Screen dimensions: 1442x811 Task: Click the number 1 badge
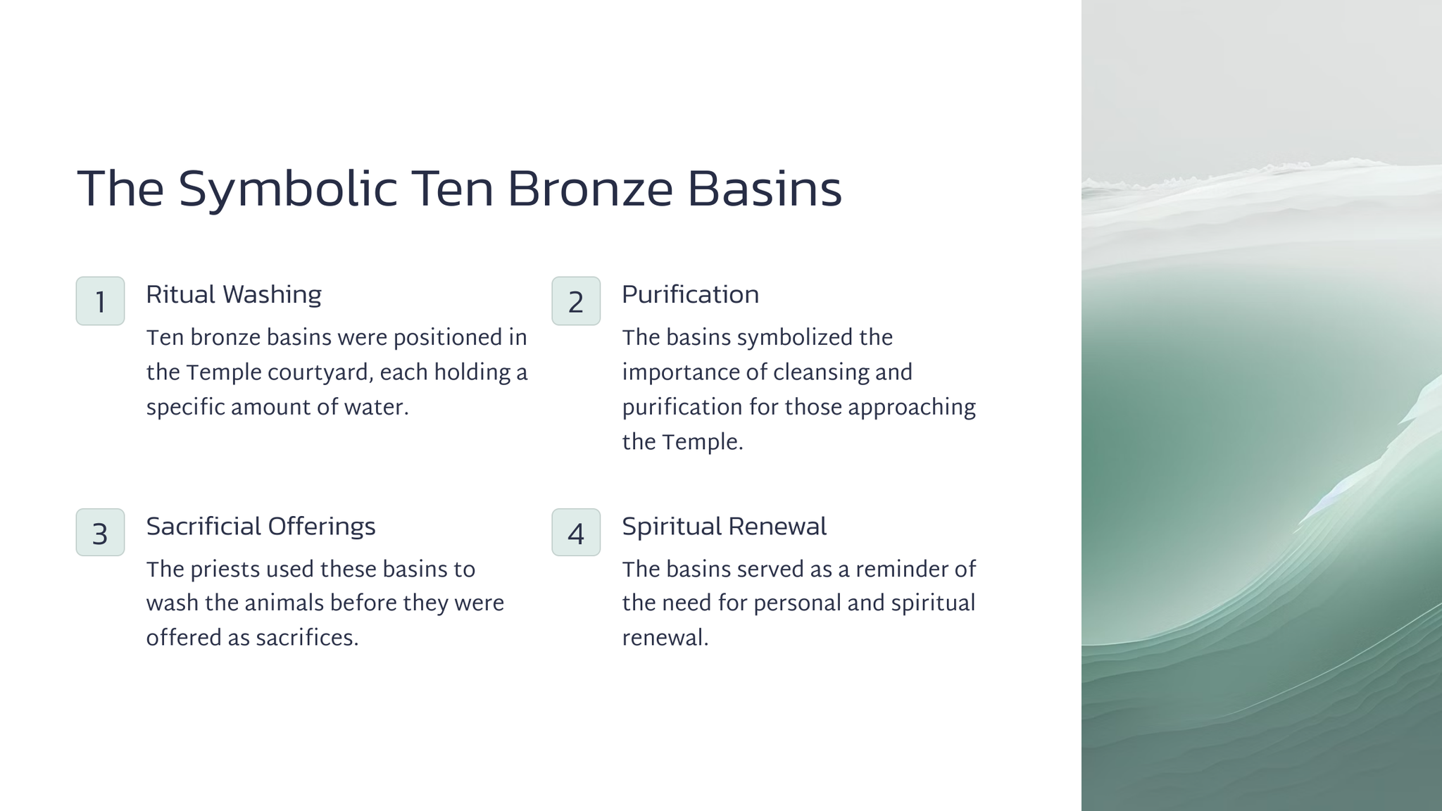coord(100,301)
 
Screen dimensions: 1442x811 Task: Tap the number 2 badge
coord(576,301)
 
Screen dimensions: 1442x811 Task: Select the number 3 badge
coord(100,532)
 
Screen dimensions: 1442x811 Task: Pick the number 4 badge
coord(576,532)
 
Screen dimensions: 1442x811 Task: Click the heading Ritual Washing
coord(234,295)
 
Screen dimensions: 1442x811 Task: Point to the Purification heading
coord(690,294)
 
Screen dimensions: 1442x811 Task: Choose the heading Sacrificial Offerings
coord(261,527)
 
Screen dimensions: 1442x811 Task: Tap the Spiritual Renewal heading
coord(724,527)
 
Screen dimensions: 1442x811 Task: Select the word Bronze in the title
coord(589,189)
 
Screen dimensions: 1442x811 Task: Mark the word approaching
coord(912,408)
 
